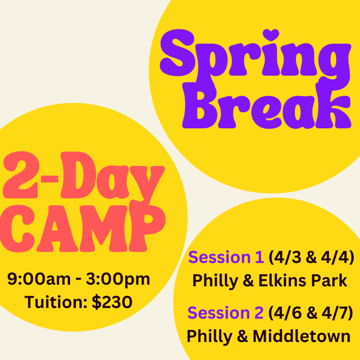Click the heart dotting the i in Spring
271,35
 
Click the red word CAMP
83,229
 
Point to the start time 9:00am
39,279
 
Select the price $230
112,302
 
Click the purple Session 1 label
226,257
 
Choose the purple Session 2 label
225,313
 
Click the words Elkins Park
303,280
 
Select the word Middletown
301,336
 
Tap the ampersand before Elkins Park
248,281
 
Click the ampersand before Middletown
243,336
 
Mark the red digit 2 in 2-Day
21,175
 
